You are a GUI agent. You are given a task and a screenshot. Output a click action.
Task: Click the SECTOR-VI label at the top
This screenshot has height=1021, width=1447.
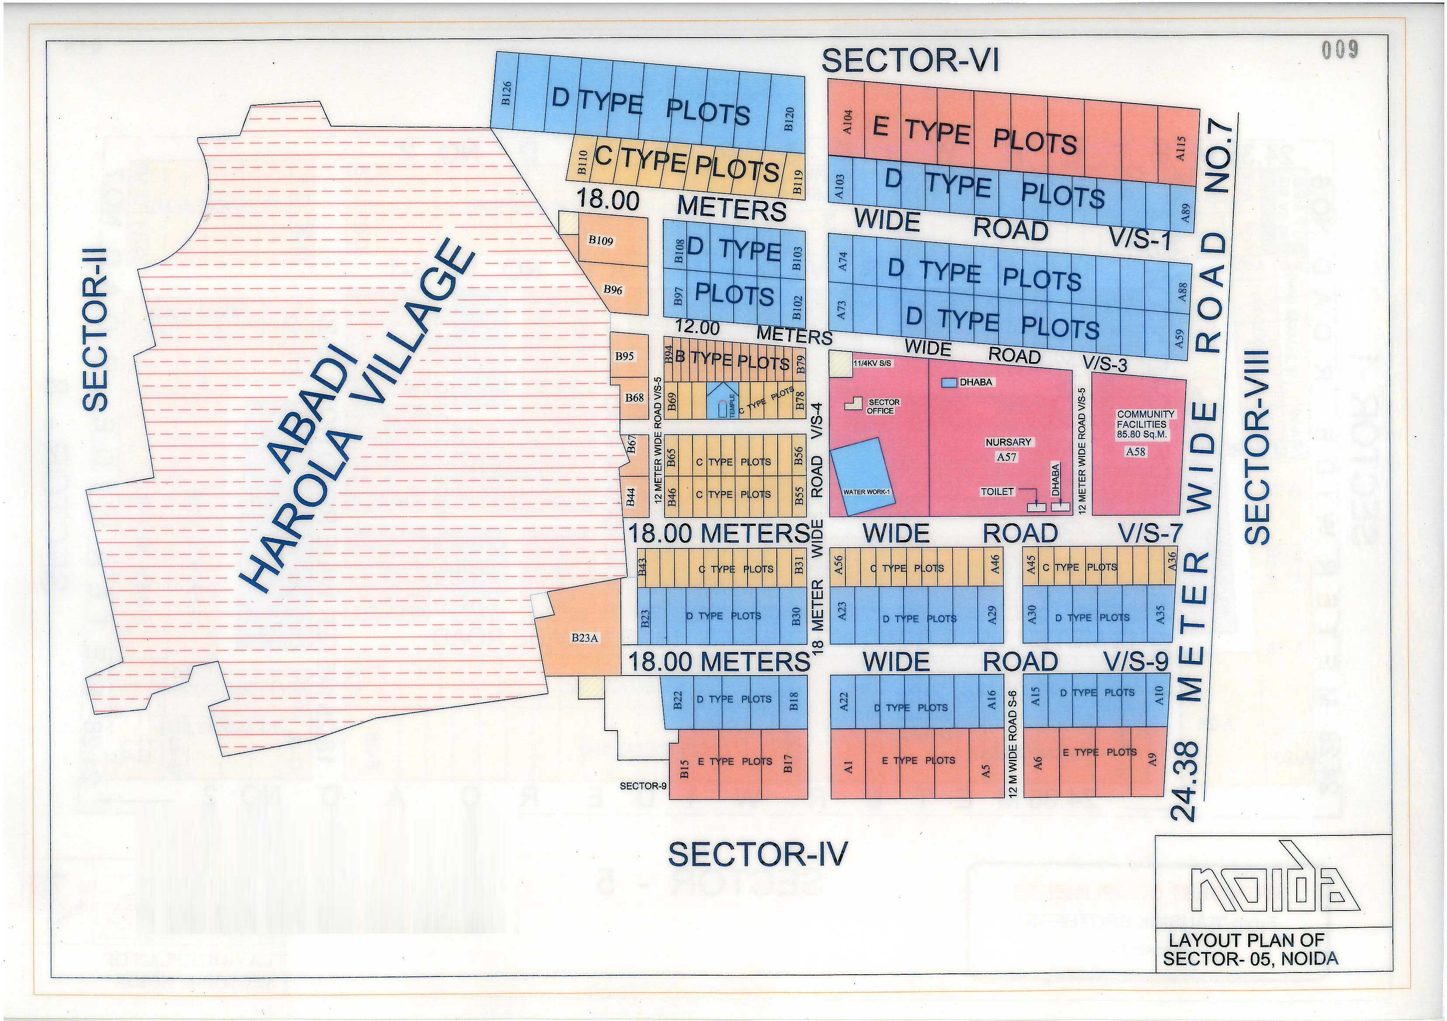[910, 61]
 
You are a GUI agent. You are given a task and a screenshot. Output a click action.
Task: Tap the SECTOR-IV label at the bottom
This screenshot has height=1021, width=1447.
[758, 855]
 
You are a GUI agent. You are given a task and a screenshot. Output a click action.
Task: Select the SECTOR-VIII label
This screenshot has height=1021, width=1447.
[1258, 447]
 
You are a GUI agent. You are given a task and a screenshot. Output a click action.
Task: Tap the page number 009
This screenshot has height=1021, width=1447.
[1340, 50]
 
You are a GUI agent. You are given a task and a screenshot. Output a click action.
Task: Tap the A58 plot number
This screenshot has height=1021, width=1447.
[1135, 452]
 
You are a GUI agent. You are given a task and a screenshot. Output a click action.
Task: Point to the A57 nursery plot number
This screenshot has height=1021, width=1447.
[1007, 457]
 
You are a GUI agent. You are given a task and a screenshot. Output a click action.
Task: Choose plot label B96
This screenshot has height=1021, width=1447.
[613, 290]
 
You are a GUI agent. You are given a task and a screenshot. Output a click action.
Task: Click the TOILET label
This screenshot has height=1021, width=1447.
[997, 491]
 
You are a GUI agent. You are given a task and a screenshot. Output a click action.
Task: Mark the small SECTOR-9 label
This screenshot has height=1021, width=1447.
[643, 786]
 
